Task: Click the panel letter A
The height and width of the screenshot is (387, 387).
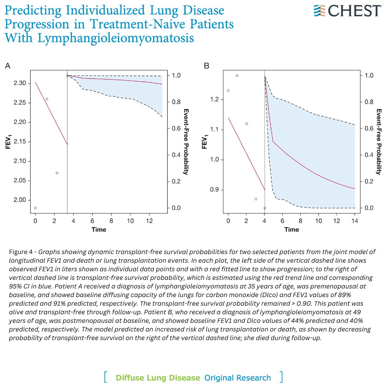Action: pyautogui.click(x=8, y=66)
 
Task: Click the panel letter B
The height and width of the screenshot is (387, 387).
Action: pyautogui.click(x=206, y=66)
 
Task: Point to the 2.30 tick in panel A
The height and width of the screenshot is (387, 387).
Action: pyautogui.click(x=20, y=83)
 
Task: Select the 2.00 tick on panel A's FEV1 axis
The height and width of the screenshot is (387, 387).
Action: pyautogui.click(x=20, y=200)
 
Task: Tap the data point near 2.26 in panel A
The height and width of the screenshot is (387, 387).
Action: pyautogui.click(x=47, y=99)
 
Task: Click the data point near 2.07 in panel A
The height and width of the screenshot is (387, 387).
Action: pyautogui.click(x=57, y=173)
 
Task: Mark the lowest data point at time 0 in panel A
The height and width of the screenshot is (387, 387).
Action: pyautogui.click(x=35, y=208)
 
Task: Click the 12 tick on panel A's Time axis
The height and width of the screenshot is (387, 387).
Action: pyautogui.click(x=149, y=222)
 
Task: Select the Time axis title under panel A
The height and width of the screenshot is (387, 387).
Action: pyautogui.click(x=99, y=230)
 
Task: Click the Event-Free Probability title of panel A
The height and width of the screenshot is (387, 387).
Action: pyautogui.click(x=186, y=141)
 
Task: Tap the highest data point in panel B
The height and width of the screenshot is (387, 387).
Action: pyautogui.click(x=237, y=76)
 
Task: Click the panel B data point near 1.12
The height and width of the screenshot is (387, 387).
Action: pyautogui.click(x=247, y=124)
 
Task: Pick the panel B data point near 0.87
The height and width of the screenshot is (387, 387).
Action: pyautogui.click(x=255, y=199)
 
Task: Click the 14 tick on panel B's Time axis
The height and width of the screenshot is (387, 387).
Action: pyautogui.click(x=355, y=222)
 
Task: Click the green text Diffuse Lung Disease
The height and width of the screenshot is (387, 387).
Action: pyautogui.click(x=158, y=378)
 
